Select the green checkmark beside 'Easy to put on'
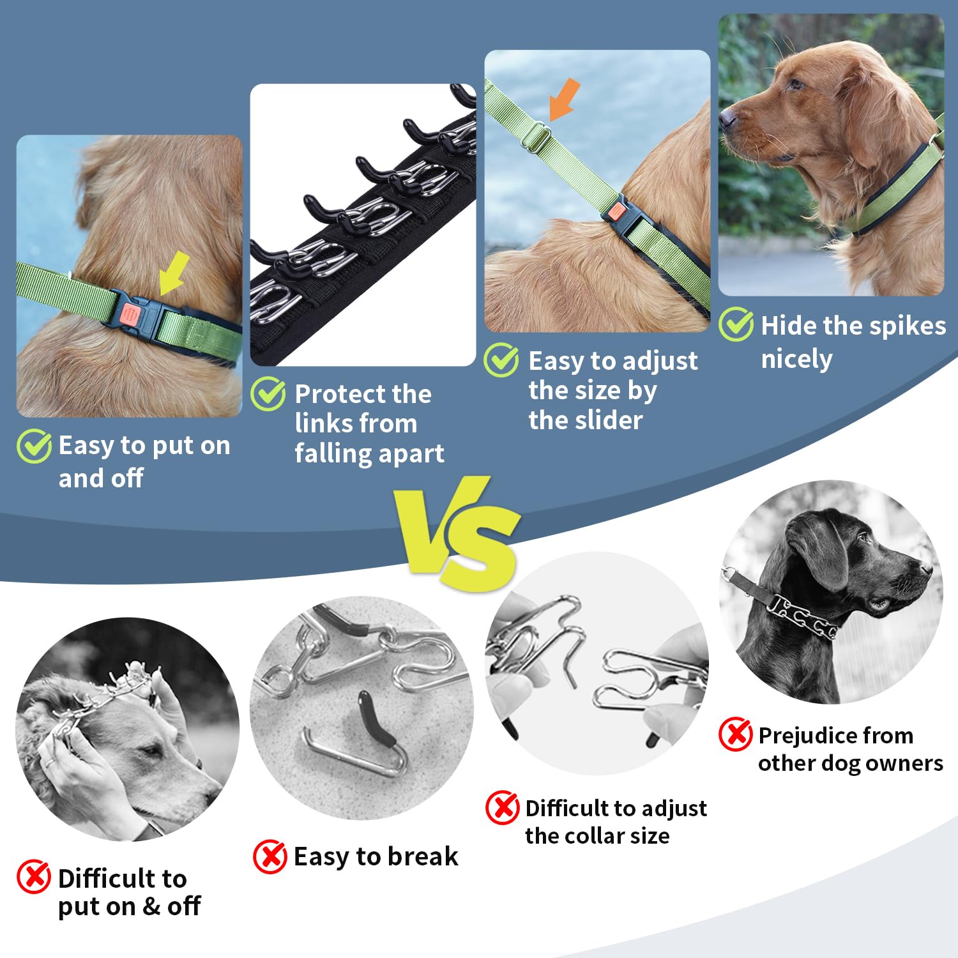click(x=34, y=446)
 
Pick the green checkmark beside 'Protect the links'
click(x=268, y=393)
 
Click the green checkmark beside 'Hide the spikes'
click(x=736, y=324)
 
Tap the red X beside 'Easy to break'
click(x=270, y=856)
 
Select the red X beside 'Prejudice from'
click(x=736, y=734)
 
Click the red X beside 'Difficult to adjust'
click(x=503, y=807)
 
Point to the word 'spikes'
click(x=910, y=326)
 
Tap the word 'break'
click(x=422, y=856)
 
